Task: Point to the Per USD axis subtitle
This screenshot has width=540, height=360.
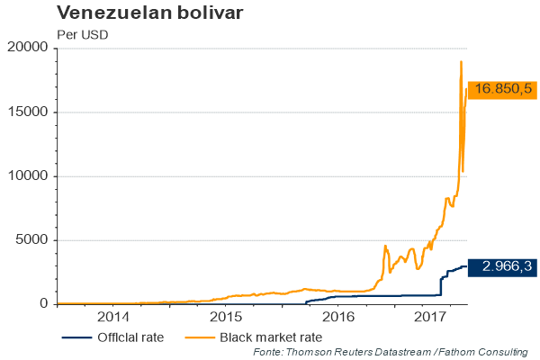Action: tap(82, 35)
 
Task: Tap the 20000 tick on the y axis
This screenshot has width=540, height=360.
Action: tap(29, 48)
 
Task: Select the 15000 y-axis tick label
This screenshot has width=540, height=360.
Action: tap(29, 112)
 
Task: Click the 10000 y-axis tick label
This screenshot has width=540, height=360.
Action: tap(29, 175)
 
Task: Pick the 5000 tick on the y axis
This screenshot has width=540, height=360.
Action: tap(32, 239)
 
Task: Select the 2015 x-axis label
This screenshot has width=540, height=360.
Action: tap(225, 317)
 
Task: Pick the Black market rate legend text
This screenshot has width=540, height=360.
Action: tap(271, 337)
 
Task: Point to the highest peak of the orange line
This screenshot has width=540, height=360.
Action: tap(461, 61)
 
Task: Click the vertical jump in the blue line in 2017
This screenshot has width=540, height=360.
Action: tap(440, 285)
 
